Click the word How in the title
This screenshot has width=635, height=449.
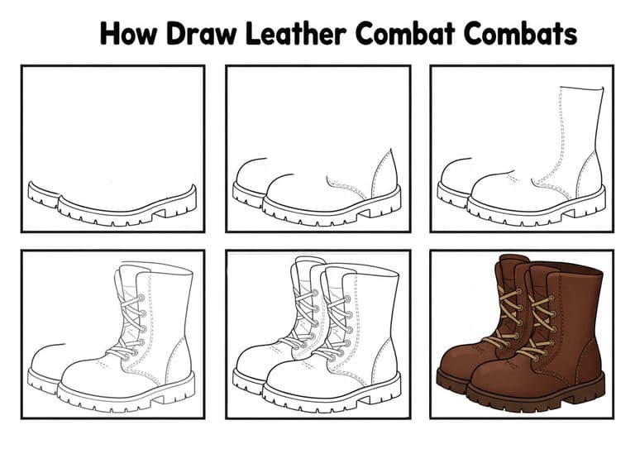coord(128,34)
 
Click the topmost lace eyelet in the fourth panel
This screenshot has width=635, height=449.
coord(141,298)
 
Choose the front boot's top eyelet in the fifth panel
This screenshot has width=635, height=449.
coord(347,299)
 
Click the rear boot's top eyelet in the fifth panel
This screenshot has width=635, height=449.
coord(315,293)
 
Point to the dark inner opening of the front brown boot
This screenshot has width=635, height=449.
coord(575,269)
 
